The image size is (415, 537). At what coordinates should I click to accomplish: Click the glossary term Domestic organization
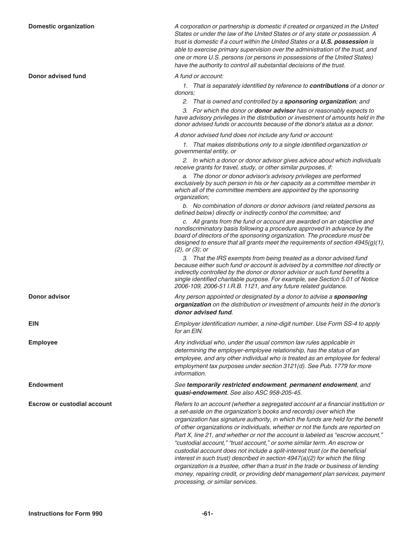[61, 26]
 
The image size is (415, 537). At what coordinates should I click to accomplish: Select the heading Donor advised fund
[57, 76]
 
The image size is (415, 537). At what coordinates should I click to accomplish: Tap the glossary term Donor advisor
[49, 296]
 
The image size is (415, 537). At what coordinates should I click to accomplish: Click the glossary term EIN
[34, 324]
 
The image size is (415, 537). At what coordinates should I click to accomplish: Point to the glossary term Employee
[43, 342]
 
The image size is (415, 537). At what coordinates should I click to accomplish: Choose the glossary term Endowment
[45, 385]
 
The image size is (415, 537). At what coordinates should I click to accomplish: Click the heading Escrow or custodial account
[70, 404]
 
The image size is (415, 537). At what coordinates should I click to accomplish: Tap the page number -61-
[207, 513]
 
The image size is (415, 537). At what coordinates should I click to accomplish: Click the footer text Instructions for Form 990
[65, 513]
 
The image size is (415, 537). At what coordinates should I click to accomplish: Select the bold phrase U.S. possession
[344, 42]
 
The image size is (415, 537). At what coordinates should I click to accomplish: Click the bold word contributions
[329, 86]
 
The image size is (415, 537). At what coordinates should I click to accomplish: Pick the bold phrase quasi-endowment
[201, 392]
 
